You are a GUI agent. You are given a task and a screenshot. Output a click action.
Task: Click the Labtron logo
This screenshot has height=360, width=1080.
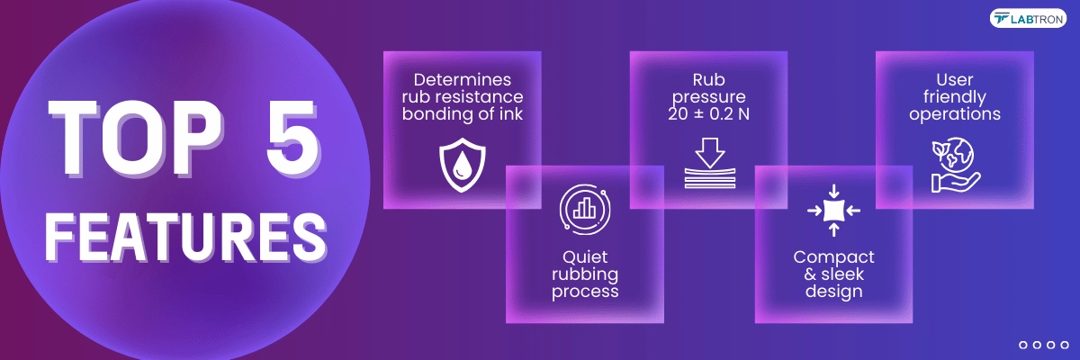point(1028,19)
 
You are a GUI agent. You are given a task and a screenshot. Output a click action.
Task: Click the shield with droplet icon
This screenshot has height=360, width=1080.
point(463,166)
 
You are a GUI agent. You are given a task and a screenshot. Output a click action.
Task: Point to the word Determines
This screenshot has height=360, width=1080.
point(463,79)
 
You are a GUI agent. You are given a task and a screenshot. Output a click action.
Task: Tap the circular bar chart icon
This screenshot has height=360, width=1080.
point(585,210)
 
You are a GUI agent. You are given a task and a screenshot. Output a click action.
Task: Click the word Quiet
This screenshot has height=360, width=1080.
point(585,257)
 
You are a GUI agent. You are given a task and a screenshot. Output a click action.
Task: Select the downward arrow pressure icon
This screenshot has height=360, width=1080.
point(710,163)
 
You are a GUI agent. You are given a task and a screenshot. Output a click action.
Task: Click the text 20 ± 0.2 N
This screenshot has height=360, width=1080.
point(709,113)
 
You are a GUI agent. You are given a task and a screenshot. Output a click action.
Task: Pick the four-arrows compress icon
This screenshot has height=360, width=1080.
point(833,210)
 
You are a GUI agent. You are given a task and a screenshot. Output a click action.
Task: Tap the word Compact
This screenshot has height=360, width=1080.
point(833,257)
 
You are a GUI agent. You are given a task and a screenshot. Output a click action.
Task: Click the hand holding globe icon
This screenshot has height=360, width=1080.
point(955,166)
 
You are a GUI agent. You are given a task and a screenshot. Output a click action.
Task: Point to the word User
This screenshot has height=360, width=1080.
point(955,79)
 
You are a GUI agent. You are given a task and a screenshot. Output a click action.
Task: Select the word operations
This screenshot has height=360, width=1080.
point(955,114)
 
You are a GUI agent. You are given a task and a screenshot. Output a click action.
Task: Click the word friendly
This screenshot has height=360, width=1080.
point(955,97)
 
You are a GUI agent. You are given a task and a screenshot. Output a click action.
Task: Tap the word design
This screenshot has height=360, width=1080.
point(833,291)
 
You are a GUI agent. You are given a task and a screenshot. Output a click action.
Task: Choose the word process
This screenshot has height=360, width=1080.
point(585,292)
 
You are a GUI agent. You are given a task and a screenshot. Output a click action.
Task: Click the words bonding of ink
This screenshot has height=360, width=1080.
point(463,113)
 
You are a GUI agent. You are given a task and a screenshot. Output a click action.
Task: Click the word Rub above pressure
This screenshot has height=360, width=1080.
point(709,79)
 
